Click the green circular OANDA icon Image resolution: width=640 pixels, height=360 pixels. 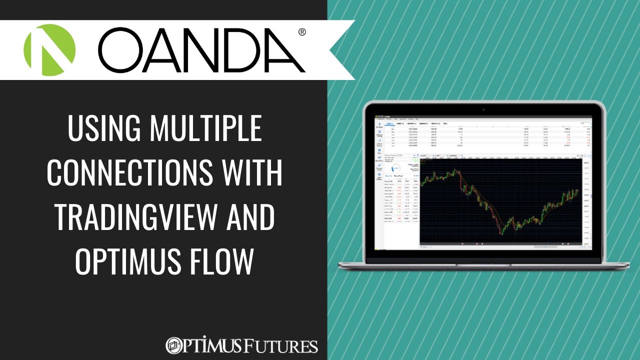pyautogui.click(x=49, y=50)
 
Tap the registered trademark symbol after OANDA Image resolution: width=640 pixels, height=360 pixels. pyautogui.click(x=302, y=32)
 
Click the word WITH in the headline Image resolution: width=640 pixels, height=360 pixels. pyautogui.click(x=252, y=173)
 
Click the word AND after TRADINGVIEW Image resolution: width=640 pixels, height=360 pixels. pyautogui.click(x=250, y=218)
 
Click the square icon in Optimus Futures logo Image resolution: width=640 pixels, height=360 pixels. pyautogui.click(x=174, y=345)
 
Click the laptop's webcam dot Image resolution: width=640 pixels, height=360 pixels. pyautogui.click(x=483, y=108)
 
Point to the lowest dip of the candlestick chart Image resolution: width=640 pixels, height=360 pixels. pyautogui.click(x=501, y=233)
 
